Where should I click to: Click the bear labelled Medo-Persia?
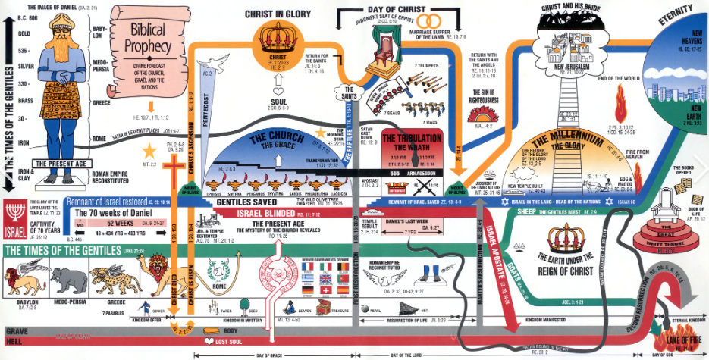click(x=70, y=281)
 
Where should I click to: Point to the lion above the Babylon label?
click(x=23, y=281)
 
